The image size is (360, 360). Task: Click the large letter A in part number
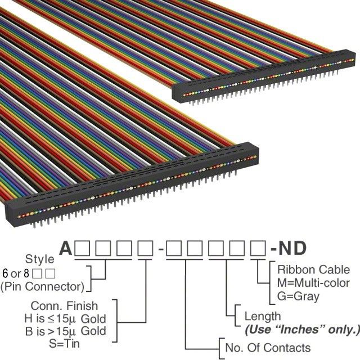[66, 248]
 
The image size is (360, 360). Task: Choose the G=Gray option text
[299, 295]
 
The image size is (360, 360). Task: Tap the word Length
[262, 317]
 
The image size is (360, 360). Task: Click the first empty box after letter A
[83, 248]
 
